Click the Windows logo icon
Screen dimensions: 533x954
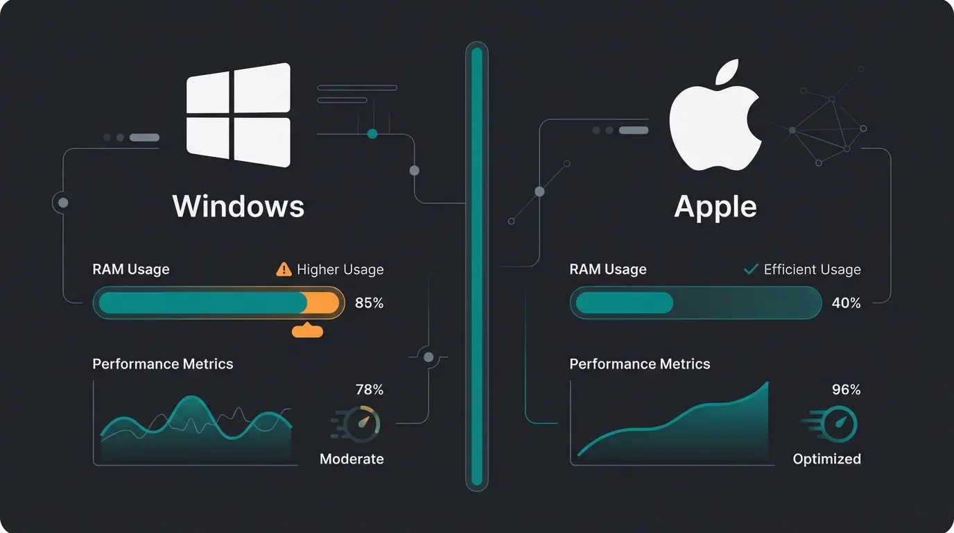[238, 115]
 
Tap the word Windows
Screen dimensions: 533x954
[238, 206]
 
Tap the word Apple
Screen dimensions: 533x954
[715, 206]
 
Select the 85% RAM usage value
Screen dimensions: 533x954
[369, 303]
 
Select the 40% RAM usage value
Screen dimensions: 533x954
[846, 303]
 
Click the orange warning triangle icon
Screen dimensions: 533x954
[284, 269]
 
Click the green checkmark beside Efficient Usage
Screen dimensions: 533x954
[750, 269]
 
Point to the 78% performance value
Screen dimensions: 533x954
[369, 390]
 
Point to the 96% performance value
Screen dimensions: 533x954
[846, 390]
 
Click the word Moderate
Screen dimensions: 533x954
[352, 459]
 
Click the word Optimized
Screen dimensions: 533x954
[826, 459]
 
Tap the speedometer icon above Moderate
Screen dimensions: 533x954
[359, 424]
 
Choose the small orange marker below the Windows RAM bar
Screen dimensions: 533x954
[307, 331]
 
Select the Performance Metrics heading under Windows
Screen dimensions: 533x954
[163, 364]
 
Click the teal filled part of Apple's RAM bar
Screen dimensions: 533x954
[624, 303]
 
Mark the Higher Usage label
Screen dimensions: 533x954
[340, 269]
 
